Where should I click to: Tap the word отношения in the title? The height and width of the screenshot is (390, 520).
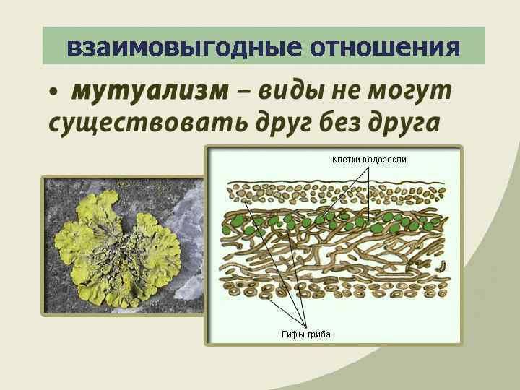[x=386, y=48]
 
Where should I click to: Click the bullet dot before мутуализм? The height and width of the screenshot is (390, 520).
[x=53, y=94]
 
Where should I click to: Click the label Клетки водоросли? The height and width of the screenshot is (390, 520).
[x=369, y=159]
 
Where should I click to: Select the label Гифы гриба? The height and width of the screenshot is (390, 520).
[x=306, y=334]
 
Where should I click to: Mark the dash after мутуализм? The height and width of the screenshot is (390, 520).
[x=243, y=92]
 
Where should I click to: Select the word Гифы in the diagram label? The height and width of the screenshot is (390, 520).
[x=293, y=334]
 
